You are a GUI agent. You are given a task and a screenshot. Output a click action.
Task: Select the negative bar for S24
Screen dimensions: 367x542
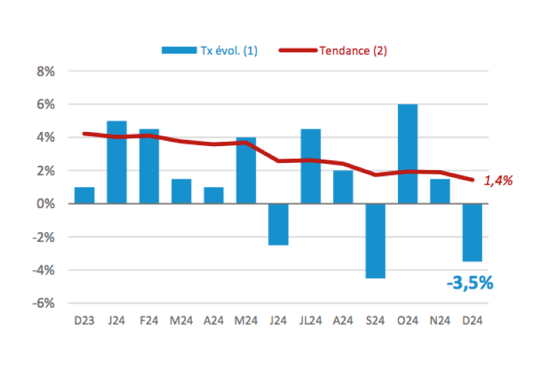[375, 241]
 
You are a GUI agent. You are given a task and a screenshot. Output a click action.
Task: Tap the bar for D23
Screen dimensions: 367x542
[84, 195]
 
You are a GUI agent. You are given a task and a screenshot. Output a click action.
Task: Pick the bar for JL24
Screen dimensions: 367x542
[311, 167]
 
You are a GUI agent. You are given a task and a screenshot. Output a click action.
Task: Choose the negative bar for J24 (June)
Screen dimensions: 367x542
[278, 224]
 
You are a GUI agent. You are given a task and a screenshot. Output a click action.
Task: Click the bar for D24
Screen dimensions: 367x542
[472, 232]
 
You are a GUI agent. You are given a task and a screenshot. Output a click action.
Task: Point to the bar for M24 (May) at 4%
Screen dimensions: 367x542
[246, 170]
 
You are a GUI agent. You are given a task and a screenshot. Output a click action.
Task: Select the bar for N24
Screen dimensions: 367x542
[440, 191]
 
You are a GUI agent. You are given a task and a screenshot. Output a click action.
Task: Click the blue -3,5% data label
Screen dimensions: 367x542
[469, 283]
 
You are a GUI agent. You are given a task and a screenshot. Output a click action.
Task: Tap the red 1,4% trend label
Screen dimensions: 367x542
[498, 181]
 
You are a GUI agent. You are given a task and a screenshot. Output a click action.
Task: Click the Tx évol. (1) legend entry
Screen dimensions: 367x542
[210, 50]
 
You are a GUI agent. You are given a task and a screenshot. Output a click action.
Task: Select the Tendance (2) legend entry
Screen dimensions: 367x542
[332, 50]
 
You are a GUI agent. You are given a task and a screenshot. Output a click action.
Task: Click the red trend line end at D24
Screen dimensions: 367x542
[472, 179]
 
